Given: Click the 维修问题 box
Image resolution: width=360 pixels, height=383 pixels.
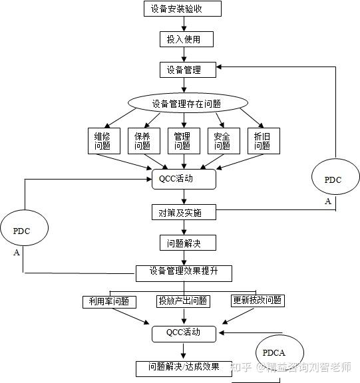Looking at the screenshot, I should tap(103, 140).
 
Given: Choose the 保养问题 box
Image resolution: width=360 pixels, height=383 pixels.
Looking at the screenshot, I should tap(142, 140).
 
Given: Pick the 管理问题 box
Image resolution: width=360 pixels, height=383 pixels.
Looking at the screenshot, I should tap(182, 140).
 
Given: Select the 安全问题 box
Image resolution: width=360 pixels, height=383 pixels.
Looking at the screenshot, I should tap(222, 140).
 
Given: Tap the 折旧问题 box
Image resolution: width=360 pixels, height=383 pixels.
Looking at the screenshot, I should tap(262, 140).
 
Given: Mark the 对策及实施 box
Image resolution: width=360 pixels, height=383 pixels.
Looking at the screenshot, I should tap(184, 213).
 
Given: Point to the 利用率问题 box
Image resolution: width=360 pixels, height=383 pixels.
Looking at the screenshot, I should tap(108, 302).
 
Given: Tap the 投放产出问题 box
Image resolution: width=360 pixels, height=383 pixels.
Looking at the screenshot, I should tap(182, 302).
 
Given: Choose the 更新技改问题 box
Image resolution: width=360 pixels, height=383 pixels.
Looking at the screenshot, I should tap(257, 301).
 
